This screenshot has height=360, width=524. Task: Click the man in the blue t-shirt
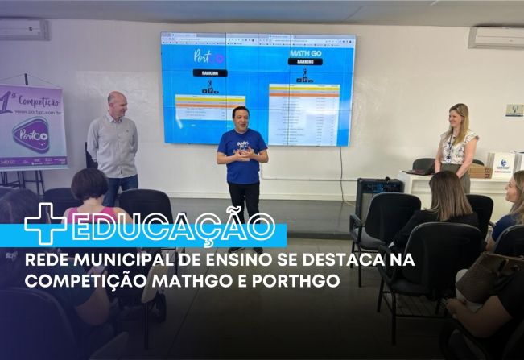coord(241,157)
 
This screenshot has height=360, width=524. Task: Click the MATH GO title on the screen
coord(305,53)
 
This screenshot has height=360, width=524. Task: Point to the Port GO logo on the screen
coord(209,57)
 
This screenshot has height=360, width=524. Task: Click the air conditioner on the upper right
coord(496,38)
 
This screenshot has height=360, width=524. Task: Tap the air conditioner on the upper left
coord(23,30)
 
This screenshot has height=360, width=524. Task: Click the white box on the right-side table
coord(502,163)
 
